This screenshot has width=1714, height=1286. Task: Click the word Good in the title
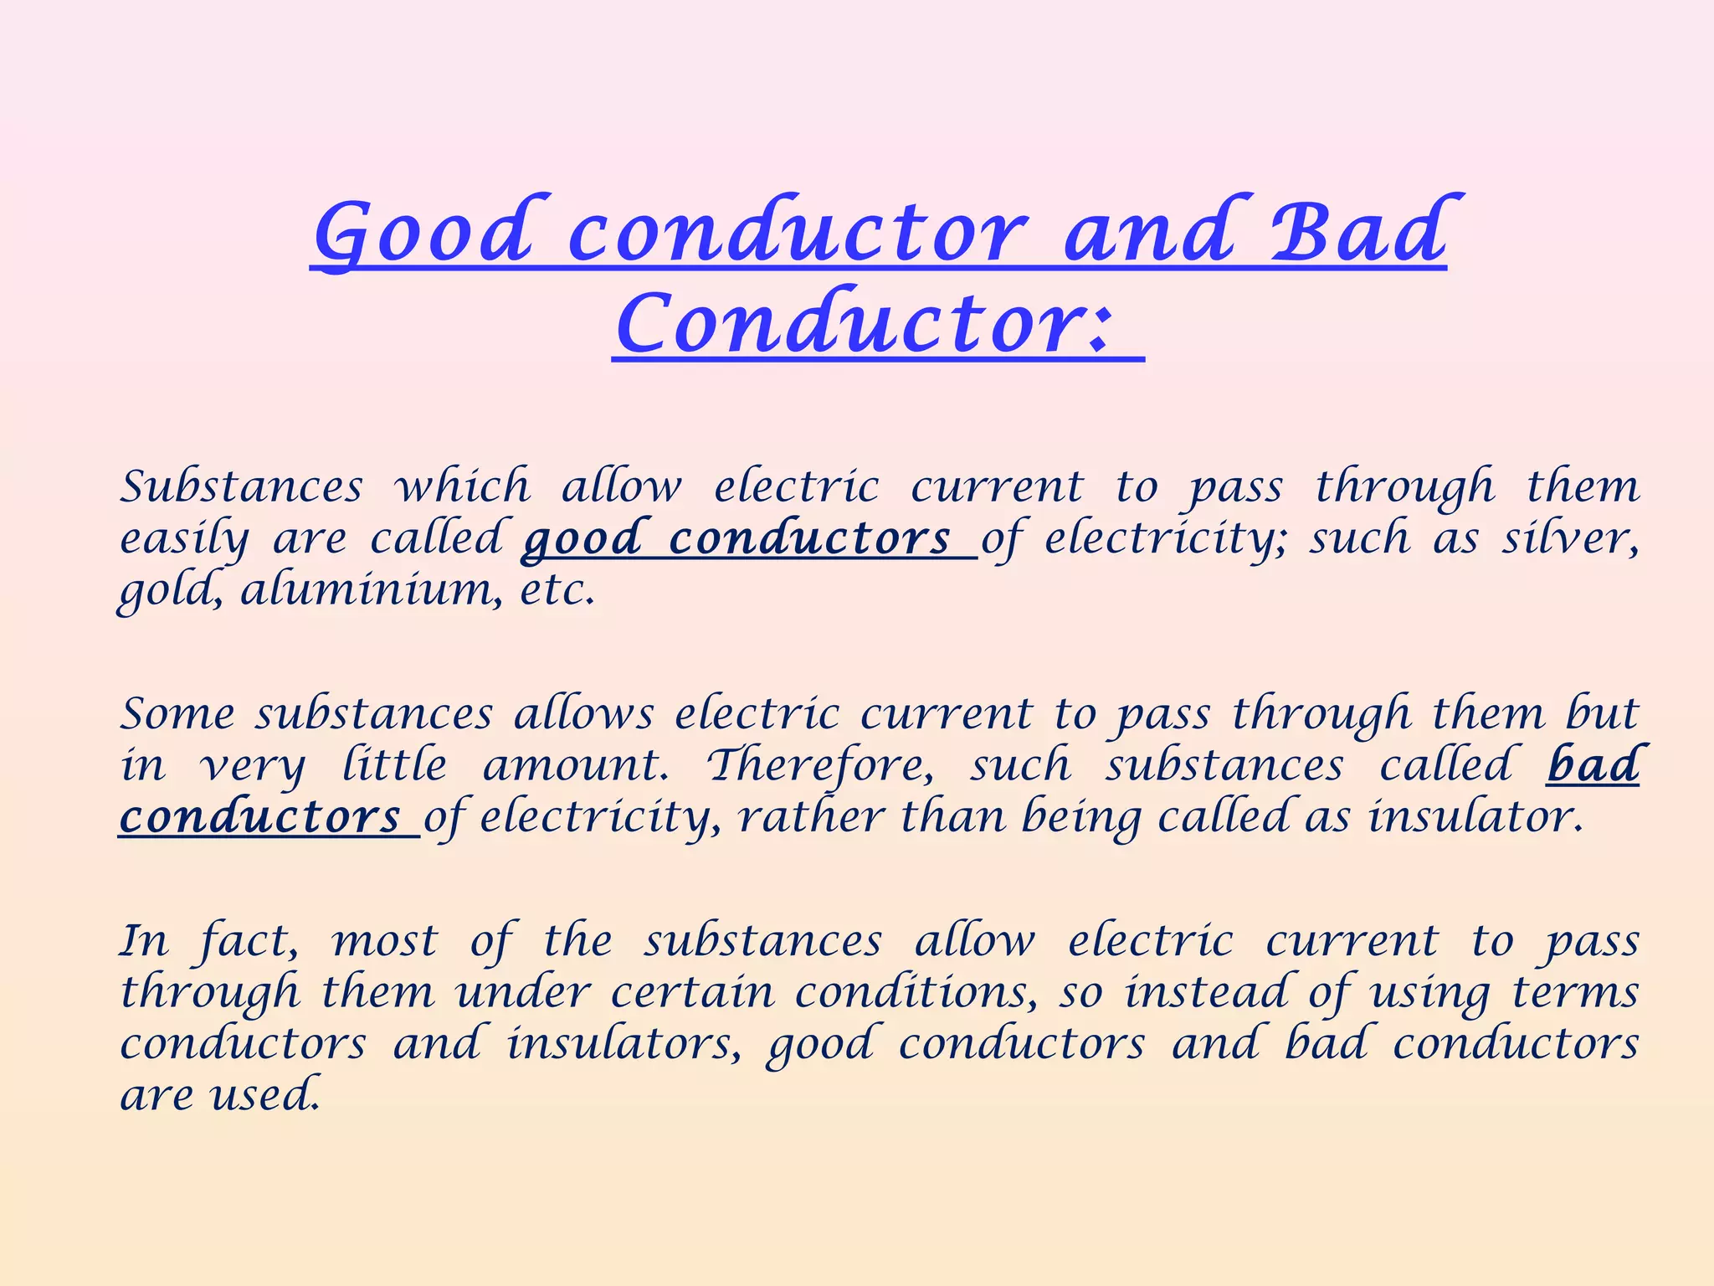click(423, 233)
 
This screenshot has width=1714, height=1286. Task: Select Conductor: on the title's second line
click(865, 325)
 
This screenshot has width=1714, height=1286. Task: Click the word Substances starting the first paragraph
click(242, 486)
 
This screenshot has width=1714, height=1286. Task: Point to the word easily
click(184, 538)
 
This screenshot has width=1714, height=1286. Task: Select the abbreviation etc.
click(557, 591)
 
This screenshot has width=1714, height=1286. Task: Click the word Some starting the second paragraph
click(177, 714)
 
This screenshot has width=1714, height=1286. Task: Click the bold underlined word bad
click(1592, 765)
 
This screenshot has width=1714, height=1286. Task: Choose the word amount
click(576, 765)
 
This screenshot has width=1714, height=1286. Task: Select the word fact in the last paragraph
click(249, 941)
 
